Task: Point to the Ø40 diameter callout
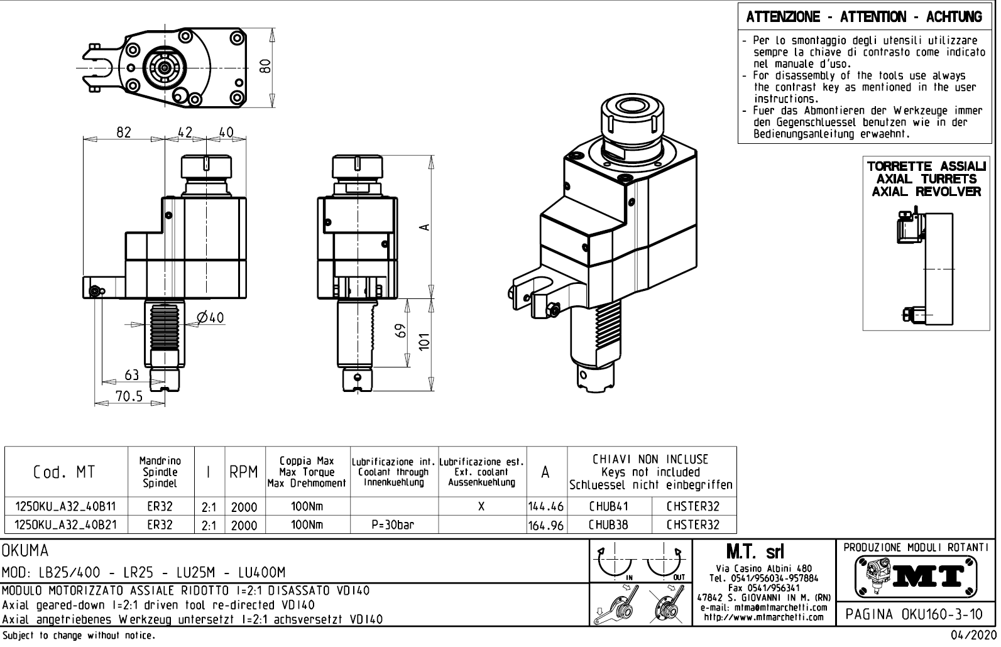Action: [x=210, y=318]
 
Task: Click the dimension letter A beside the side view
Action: [x=424, y=227]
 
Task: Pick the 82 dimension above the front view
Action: [x=124, y=132]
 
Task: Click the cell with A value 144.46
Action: [x=545, y=506]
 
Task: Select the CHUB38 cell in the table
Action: [x=608, y=525]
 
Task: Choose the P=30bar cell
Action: [x=393, y=525]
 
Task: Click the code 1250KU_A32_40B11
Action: [x=65, y=506]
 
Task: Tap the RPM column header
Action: [x=244, y=472]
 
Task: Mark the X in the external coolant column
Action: [x=481, y=506]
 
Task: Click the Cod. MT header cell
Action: [x=65, y=472]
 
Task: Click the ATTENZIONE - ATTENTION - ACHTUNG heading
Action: [x=864, y=17]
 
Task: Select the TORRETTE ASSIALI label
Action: [x=926, y=166]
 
